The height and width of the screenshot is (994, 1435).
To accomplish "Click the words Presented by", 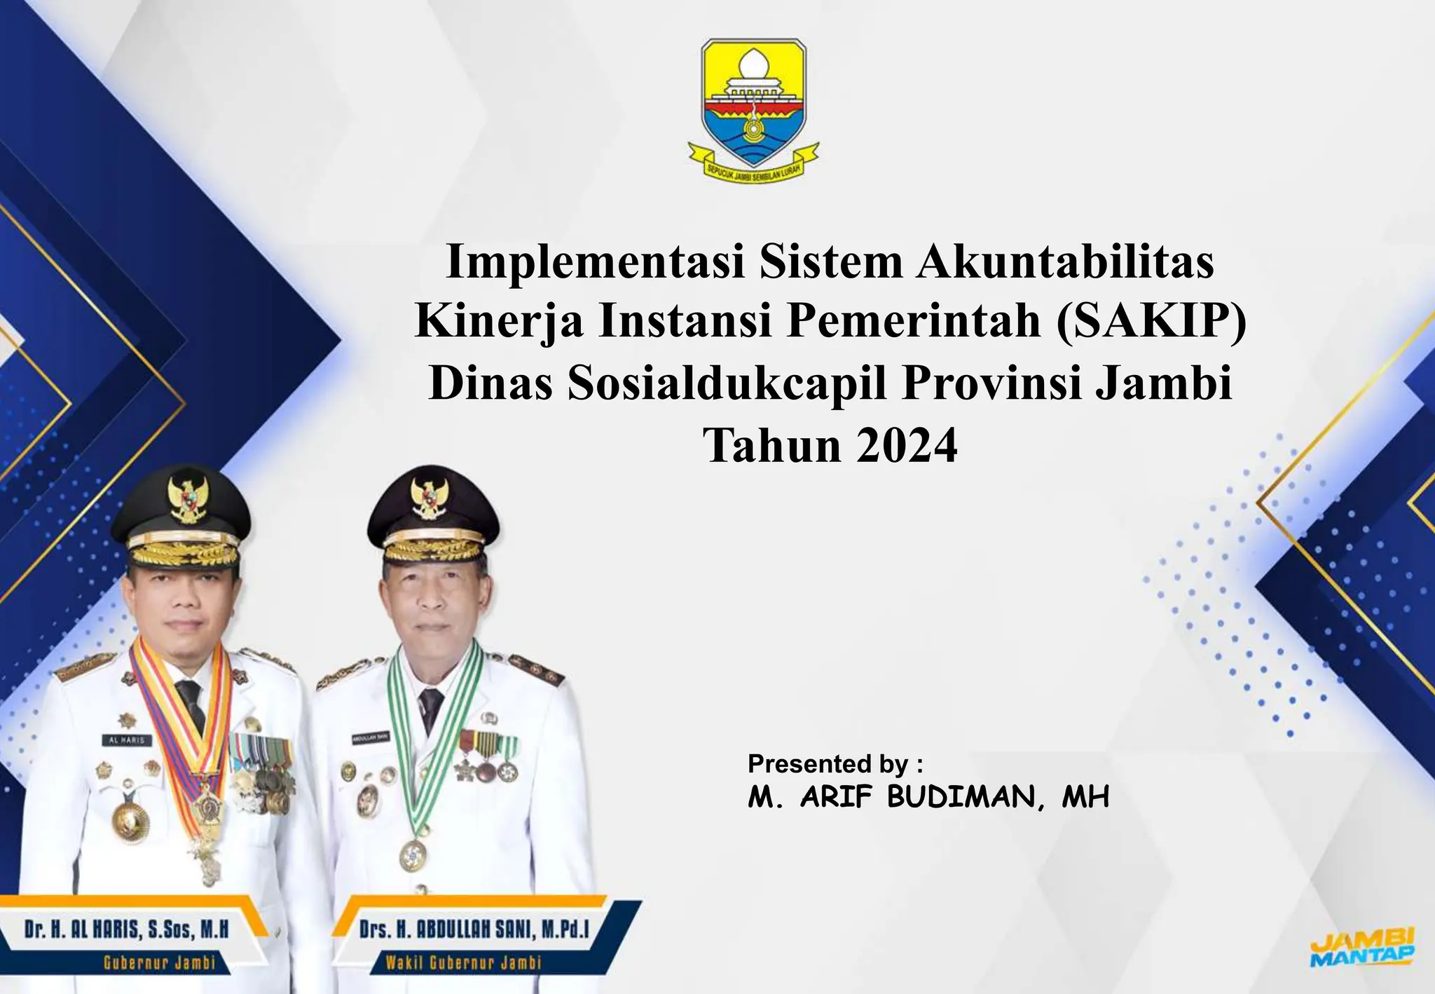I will coord(835,763).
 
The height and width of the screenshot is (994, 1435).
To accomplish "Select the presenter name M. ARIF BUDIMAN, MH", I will coord(928,797).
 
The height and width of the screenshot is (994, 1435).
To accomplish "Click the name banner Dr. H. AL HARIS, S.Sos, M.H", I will coord(127,930).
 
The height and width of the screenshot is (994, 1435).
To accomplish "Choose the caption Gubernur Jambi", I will coord(159,962).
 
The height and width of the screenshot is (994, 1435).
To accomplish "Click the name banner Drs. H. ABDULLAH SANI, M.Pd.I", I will coord(474,930).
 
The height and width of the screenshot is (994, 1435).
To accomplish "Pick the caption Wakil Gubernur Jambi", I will coord(463,962).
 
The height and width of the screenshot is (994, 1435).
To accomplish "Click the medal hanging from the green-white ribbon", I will coord(413,855).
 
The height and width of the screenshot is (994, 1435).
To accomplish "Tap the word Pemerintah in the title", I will coord(913,322).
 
